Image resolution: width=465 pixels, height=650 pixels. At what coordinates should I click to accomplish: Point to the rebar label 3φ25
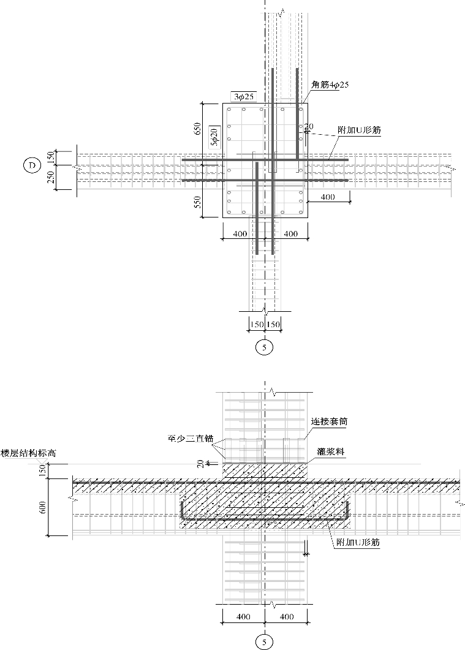(243, 96)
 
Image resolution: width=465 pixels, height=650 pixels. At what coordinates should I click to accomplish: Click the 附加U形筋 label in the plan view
(358, 130)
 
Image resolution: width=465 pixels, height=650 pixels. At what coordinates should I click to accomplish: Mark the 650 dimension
(198, 129)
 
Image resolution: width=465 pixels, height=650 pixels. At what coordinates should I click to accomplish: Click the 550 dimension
(198, 202)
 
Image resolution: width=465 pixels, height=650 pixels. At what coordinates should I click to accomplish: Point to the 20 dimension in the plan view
(308, 127)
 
